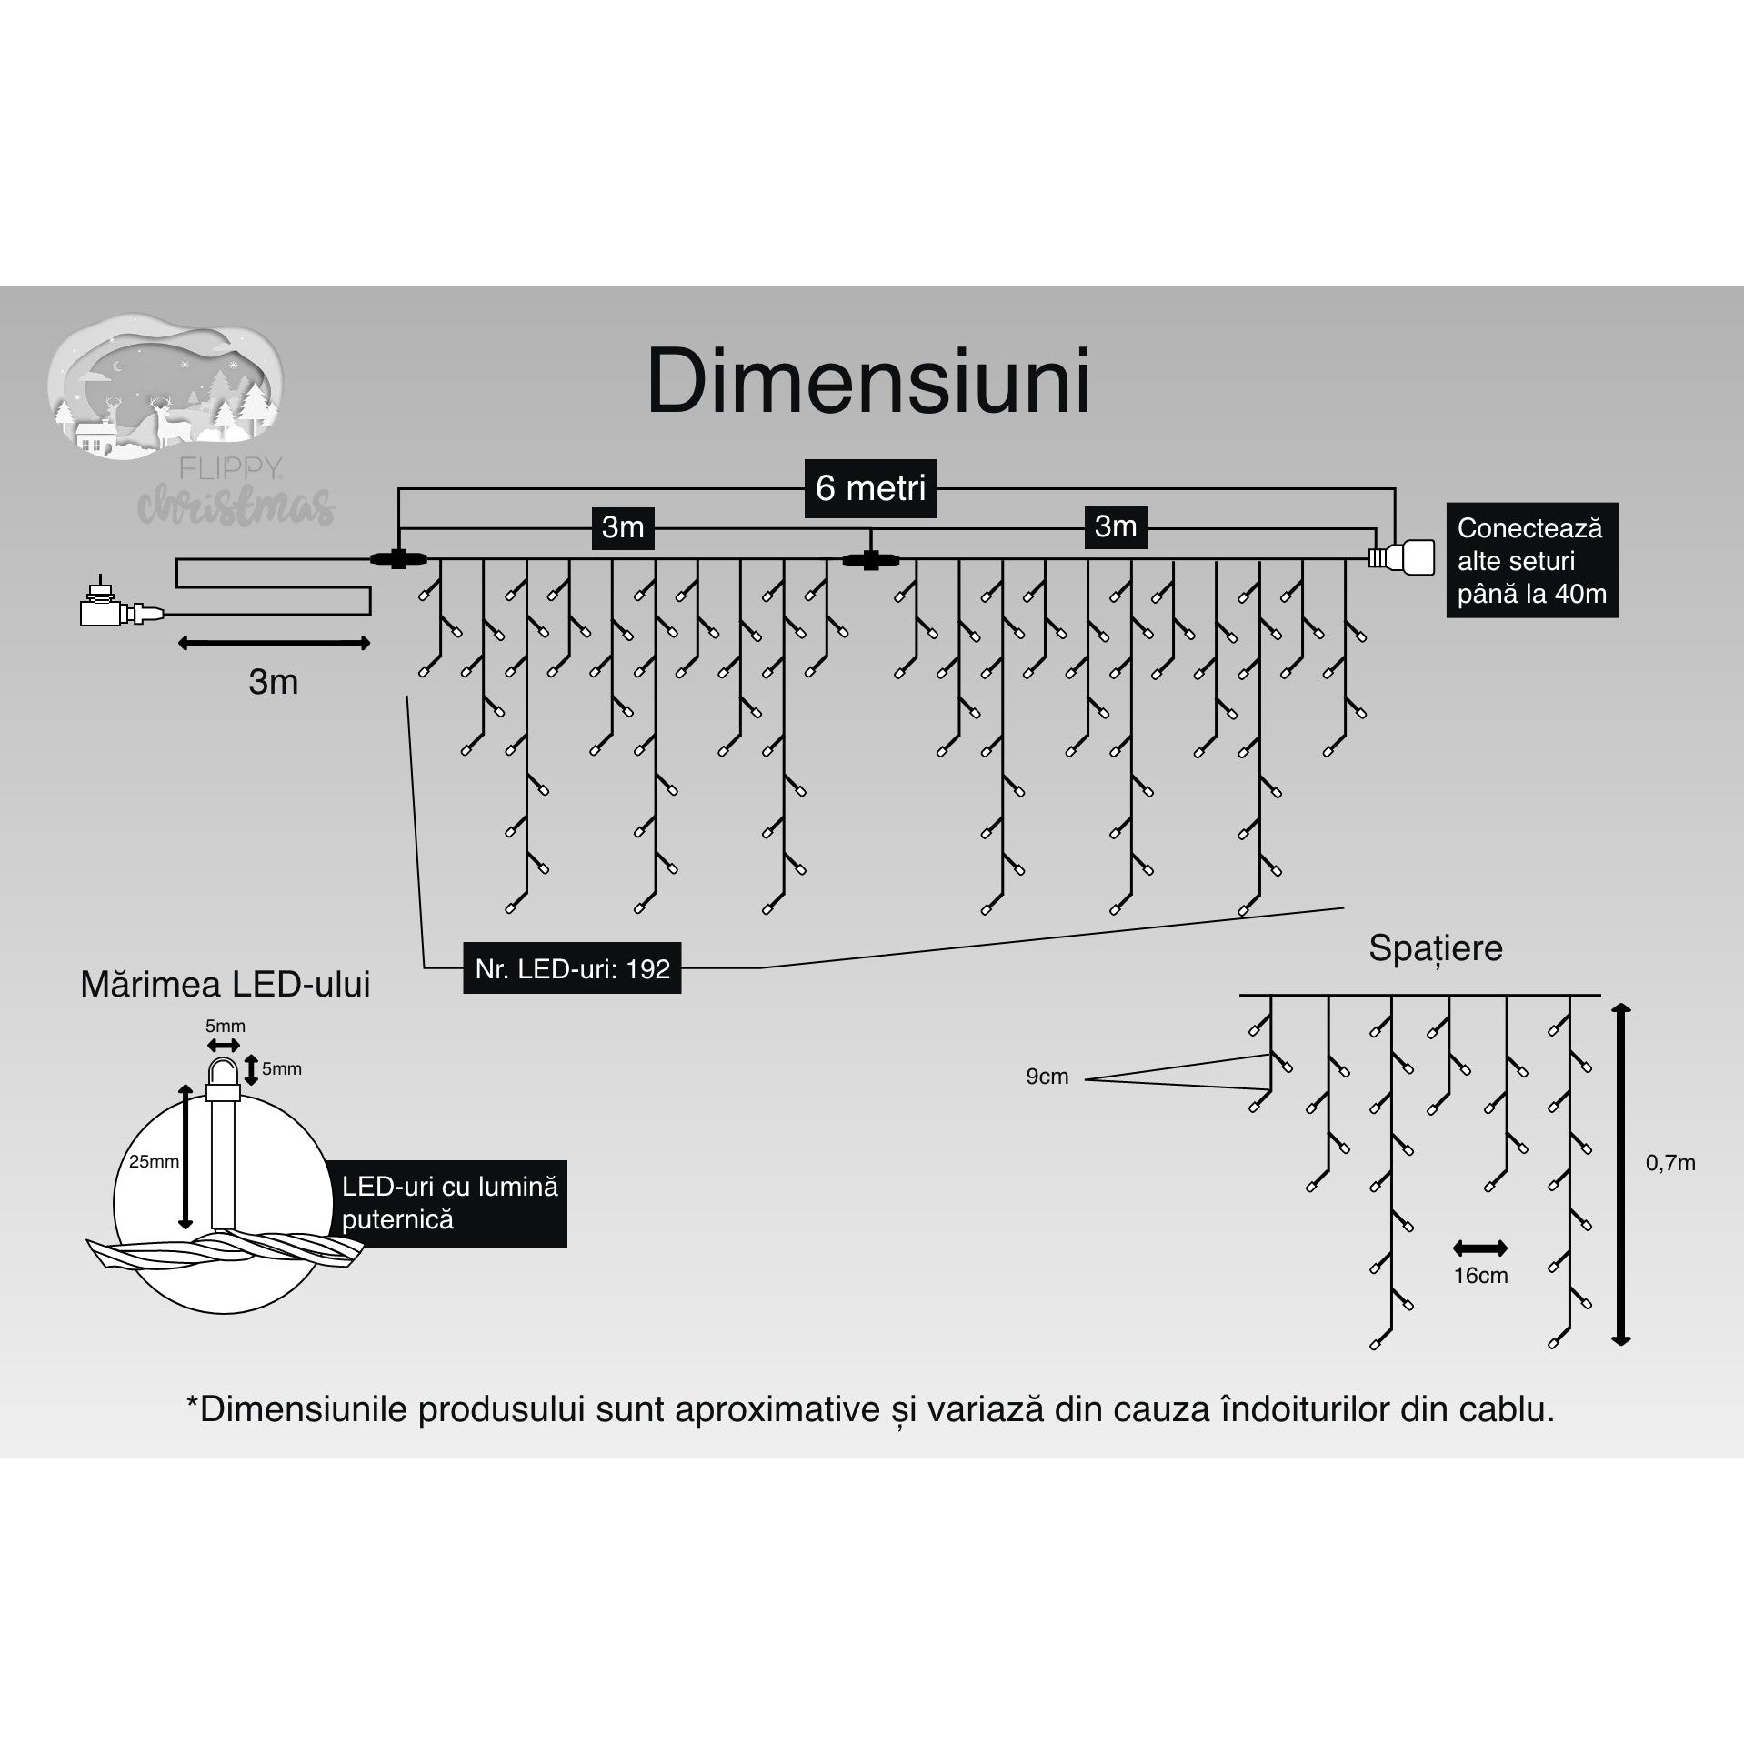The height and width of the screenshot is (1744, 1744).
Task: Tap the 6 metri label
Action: click(870, 488)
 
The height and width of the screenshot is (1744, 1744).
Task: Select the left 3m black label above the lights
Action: click(623, 527)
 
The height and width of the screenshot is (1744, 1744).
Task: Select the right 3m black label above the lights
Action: click(1115, 526)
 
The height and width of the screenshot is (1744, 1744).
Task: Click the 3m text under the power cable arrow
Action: click(273, 682)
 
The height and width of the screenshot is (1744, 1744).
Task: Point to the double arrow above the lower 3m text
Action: click(273, 644)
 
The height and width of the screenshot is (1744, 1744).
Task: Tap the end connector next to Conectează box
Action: click(1403, 556)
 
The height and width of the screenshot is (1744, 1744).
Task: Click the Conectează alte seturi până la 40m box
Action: click(1532, 560)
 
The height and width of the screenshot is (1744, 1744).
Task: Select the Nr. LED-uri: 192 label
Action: click(572, 968)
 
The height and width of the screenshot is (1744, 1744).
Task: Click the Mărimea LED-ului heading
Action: click(225, 985)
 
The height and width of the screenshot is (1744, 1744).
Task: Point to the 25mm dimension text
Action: click(154, 1161)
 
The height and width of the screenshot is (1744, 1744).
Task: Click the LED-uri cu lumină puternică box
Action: click(450, 1203)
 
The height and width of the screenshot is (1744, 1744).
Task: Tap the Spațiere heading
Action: click(1435, 948)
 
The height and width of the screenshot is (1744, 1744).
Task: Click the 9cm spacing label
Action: click(1047, 1077)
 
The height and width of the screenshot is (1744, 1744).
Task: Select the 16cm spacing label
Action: click(1480, 1276)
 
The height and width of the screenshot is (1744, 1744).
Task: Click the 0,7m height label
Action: click(1670, 1163)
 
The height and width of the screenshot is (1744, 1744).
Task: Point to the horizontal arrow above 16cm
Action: click(1480, 1248)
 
